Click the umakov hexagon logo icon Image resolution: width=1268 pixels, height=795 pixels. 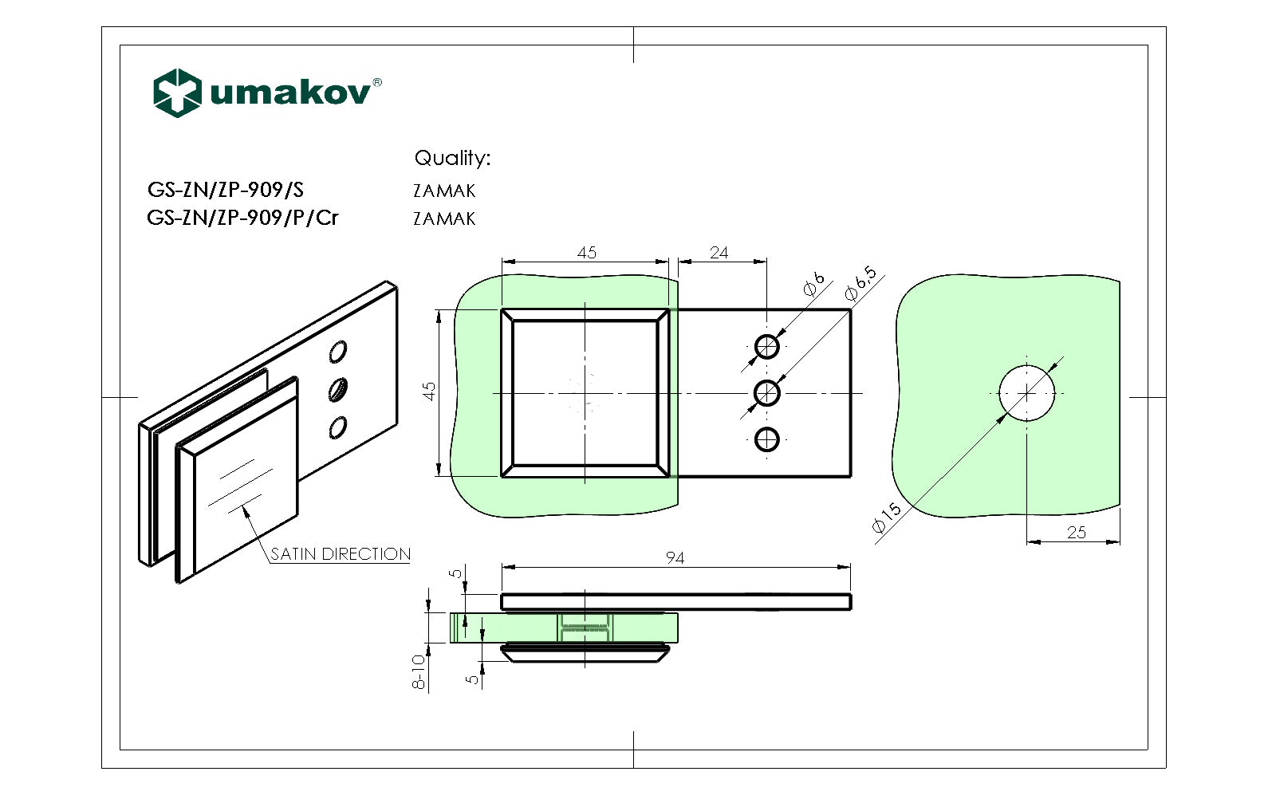pyautogui.click(x=176, y=92)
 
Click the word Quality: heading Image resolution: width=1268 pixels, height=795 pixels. pyautogui.click(x=452, y=158)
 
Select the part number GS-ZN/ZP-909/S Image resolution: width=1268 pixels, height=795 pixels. pyautogui.click(x=225, y=190)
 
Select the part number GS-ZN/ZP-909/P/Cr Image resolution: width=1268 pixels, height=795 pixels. pyautogui.click(x=242, y=217)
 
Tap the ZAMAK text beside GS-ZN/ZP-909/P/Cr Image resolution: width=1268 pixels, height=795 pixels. pyautogui.click(x=444, y=218)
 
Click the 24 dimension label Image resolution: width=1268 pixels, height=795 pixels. pyautogui.click(x=719, y=253)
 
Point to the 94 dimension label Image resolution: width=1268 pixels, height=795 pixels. pyautogui.click(x=675, y=557)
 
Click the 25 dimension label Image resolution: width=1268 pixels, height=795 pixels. pyautogui.click(x=1076, y=532)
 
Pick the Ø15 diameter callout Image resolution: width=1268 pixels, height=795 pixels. pyautogui.click(x=886, y=517)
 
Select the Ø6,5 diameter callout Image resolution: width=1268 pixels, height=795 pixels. pyautogui.click(x=860, y=283)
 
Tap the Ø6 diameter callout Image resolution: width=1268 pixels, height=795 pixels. pyautogui.click(x=813, y=284)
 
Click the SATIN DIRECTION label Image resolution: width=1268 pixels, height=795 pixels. pyautogui.click(x=341, y=553)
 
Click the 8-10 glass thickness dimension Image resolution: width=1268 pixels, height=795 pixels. pyautogui.click(x=419, y=671)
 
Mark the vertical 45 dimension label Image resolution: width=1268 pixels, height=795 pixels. pyautogui.click(x=430, y=392)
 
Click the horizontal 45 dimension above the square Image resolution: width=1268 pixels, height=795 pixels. pyautogui.click(x=586, y=253)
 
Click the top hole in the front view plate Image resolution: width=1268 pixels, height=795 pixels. pyautogui.click(x=766, y=347)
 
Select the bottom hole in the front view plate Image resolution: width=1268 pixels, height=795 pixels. pyautogui.click(x=766, y=439)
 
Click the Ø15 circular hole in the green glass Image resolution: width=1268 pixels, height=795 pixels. pyautogui.click(x=1026, y=393)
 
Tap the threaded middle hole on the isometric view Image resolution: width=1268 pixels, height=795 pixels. pyautogui.click(x=338, y=389)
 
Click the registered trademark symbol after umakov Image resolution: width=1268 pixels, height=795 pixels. pyautogui.click(x=377, y=82)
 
